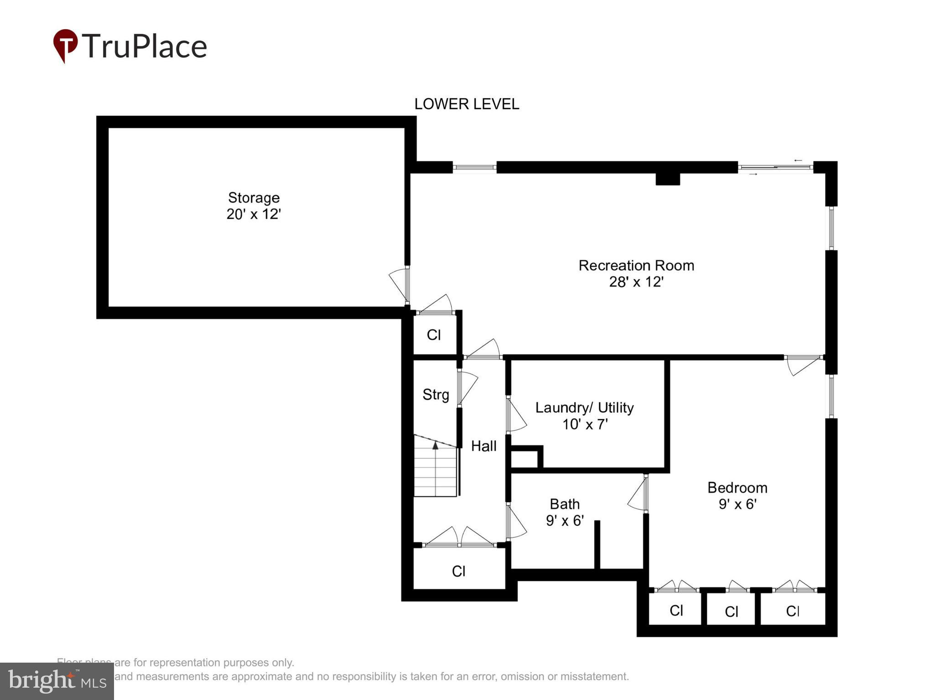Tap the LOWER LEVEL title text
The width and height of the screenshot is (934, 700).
point(466,104)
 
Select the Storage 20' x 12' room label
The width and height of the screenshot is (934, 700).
point(254,206)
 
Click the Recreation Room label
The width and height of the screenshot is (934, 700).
point(636,273)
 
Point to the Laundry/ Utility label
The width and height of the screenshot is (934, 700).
point(584,416)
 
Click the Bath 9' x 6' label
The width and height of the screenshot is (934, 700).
point(565,512)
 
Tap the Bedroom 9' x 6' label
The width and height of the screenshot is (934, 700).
point(737,496)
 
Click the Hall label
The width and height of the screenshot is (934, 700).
point(483,446)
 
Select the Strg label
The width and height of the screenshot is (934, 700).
point(436,395)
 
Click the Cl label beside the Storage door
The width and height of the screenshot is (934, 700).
point(434,335)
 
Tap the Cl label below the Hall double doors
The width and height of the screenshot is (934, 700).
point(458,571)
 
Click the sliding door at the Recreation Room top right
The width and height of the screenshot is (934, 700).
point(775,168)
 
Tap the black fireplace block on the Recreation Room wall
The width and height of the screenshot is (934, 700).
point(668,179)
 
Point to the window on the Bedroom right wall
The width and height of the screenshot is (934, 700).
point(831,396)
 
